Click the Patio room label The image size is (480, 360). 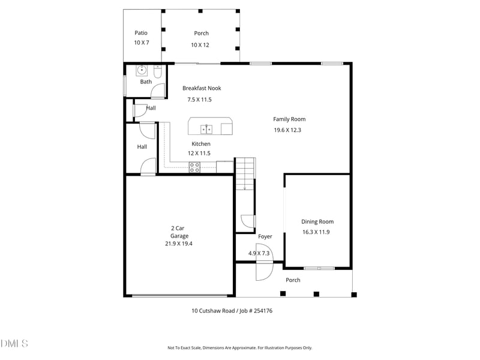(141, 33)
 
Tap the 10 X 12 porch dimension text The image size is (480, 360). (201, 45)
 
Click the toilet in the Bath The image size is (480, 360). (157, 73)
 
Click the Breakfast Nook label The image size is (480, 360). (202, 88)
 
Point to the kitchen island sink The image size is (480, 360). (206, 128)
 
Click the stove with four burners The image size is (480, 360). (195, 167)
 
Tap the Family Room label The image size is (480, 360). (289, 119)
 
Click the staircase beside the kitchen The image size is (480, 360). (245, 173)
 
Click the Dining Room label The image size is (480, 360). (317, 221)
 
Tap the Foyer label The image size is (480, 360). (265, 237)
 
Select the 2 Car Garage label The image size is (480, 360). (179, 232)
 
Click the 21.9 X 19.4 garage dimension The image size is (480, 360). (179, 244)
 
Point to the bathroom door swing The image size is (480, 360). (158, 91)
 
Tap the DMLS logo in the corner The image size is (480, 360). (14, 343)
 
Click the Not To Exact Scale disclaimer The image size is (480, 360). (239, 348)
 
